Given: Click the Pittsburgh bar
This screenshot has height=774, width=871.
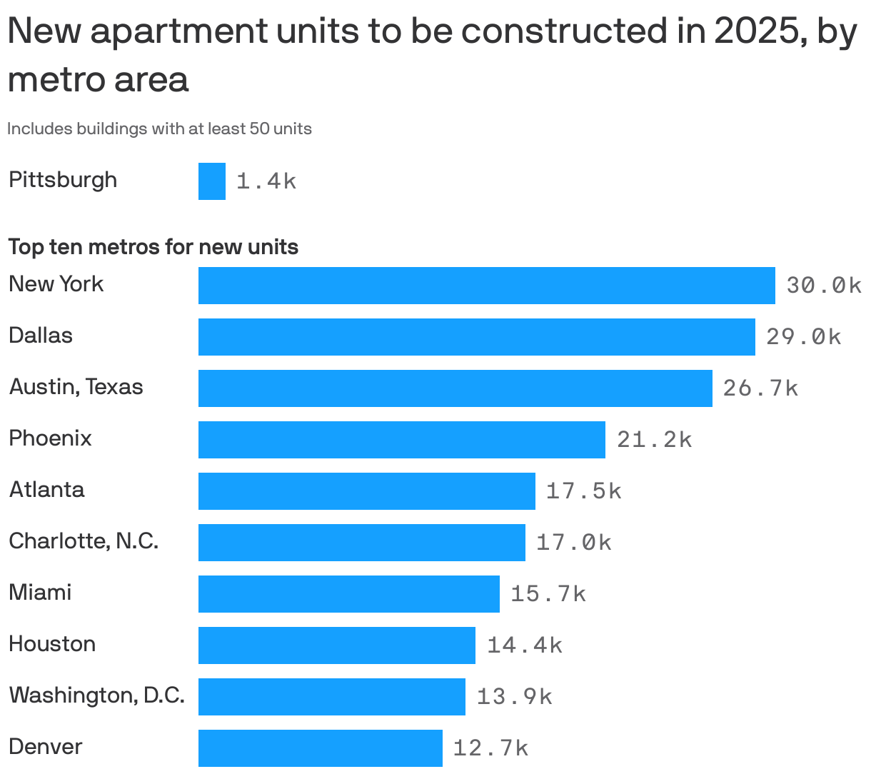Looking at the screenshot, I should tap(212, 181).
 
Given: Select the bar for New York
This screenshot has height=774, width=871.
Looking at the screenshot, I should tap(486, 286).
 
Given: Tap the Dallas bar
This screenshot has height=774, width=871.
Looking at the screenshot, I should tap(476, 337).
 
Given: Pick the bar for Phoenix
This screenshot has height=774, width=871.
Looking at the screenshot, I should tap(401, 440).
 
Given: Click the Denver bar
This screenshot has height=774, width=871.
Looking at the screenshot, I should tap(320, 748).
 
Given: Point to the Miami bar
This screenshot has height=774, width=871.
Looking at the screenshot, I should tap(348, 594).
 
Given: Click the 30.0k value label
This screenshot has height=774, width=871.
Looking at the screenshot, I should tap(824, 286).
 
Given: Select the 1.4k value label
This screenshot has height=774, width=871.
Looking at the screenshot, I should tap(266, 181).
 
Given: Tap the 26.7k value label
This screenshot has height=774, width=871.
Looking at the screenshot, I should tap(760, 388).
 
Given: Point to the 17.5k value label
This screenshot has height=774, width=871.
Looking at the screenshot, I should tap(583, 491).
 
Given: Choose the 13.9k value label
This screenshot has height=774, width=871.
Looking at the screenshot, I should tap(514, 697).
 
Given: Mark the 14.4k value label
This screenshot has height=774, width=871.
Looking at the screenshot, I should tap(524, 645).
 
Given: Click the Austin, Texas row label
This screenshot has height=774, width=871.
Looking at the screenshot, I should tap(76, 387).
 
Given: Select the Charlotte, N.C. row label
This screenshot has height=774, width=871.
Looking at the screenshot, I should tap(84, 541).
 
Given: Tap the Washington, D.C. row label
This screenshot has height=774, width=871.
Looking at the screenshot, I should tap(96, 695).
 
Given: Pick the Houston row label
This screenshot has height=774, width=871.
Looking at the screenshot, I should tap(52, 644).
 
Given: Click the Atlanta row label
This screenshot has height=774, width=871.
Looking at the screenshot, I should tap(46, 490).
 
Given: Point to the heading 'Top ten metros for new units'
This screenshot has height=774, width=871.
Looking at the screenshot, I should tap(153, 247).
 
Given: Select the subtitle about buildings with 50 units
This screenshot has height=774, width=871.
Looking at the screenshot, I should tap(159, 129).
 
